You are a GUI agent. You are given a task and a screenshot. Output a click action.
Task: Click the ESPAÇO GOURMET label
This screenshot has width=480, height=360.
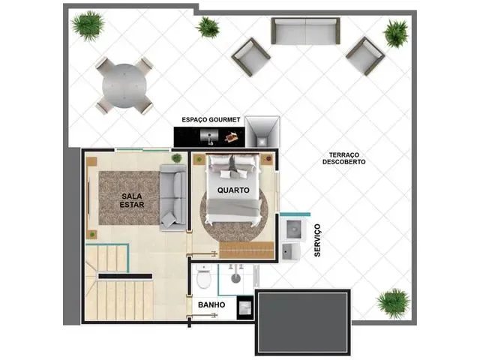pyautogui.click(x=211, y=120)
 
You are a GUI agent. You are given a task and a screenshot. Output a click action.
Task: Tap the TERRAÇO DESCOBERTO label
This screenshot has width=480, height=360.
pyautogui.click(x=344, y=158)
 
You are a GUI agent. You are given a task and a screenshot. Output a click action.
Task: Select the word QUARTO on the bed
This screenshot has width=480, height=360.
pyautogui.click(x=233, y=190)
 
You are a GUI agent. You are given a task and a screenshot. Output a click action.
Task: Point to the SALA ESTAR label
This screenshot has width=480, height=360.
pyautogui.click(x=132, y=200)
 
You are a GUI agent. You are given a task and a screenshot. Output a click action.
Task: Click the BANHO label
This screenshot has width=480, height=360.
pyautogui.click(x=211, y=305)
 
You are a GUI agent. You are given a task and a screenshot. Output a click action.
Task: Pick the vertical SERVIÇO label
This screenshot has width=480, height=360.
pyautogui.click(x=317, y=240)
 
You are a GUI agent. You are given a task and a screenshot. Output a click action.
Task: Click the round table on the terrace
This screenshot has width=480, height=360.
pyautogui.click(x=124, y=85)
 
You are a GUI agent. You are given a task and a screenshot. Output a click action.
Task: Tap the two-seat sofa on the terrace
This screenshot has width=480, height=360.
pyautogui.click(x=305, y=31)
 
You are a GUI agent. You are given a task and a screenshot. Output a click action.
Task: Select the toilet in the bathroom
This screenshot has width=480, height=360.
pyautogui.click(x=204, y=277)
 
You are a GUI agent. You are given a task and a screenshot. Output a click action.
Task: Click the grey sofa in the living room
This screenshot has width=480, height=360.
pyautogui.click(x=173, y=197)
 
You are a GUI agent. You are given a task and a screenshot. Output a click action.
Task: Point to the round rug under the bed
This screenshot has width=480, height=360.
pyautogui.click(x=234, y=214)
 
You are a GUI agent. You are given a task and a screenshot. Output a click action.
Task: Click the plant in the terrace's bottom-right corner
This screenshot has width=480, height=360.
pyautogui.click(x=393, y=303)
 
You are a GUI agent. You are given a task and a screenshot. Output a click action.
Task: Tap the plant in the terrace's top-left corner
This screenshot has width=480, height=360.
pyautogui.click(x=88, y=25)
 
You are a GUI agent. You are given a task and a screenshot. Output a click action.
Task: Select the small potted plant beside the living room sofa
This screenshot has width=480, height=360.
pyautogui.click(x=177, y=158)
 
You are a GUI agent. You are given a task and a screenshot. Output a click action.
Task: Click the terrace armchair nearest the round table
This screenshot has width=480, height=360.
pyautogui.click(x=251, y=57)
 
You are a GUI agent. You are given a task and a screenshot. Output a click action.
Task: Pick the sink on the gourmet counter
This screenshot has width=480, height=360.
pyautogui.click(x=209, y=136)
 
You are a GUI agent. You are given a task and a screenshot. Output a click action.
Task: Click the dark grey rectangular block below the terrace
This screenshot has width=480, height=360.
pyautogui.click(x=303, y=322)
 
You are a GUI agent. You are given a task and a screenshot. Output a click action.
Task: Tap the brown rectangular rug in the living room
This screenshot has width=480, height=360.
pyautogui.click(x=129, y=198)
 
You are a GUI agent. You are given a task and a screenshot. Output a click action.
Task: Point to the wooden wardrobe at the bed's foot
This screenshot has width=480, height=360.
pyautogui.click(x=247, y=250)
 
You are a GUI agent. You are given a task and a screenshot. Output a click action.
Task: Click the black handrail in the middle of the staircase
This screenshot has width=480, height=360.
pyautogui.click(x=125, y=276)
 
